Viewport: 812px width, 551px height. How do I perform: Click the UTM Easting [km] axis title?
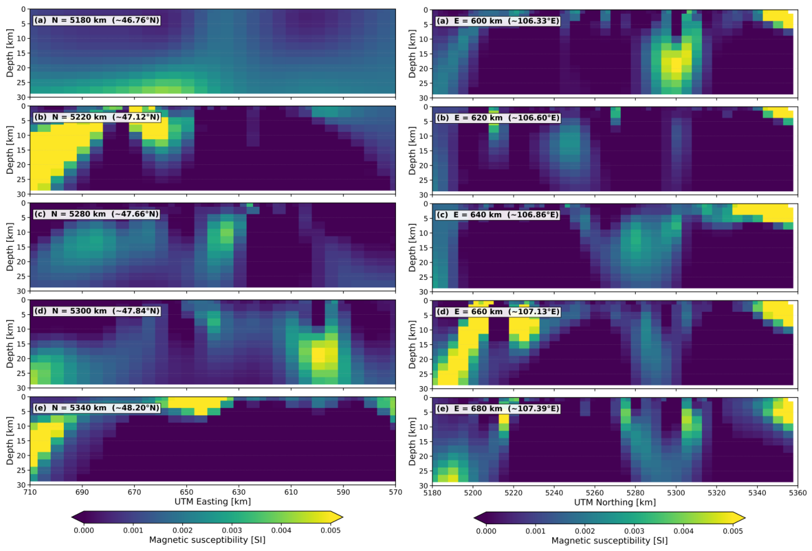click(213, 502)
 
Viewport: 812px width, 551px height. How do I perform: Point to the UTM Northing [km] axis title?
click(615, 502)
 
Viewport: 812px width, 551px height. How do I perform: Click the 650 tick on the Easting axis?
click(186, 492)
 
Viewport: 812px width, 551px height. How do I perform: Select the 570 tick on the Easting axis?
click(395, 492)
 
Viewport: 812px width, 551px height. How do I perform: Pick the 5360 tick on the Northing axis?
click(798, 493)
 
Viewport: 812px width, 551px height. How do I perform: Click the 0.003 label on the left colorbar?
click(232, 530)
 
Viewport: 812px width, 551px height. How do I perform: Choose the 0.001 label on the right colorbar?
click(535, 531)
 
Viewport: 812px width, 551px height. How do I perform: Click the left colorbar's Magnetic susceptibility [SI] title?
click(207, 540)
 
